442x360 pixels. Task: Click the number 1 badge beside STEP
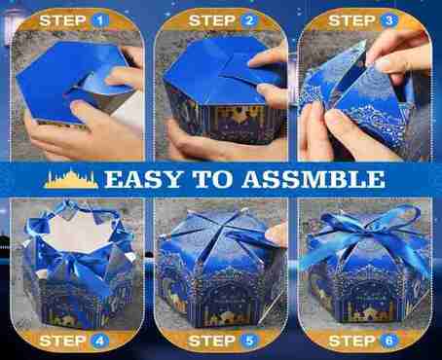click(100, 21)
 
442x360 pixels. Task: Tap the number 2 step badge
click(249, 21)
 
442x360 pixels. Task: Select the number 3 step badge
click(388, 21)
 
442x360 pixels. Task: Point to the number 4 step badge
click(99, 341)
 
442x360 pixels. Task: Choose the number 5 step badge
click(249, 341)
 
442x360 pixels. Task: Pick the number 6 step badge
click(388, 341)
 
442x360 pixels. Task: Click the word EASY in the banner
click(143, 179)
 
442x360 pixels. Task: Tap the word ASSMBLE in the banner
click(313, 179)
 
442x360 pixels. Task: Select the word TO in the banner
click(212, 179)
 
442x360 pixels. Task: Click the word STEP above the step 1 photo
click(62, 21)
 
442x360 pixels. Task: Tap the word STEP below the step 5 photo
click(211, 341)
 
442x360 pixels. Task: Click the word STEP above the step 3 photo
click(351, 21)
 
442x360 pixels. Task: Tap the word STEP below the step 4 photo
click(62, 341)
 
